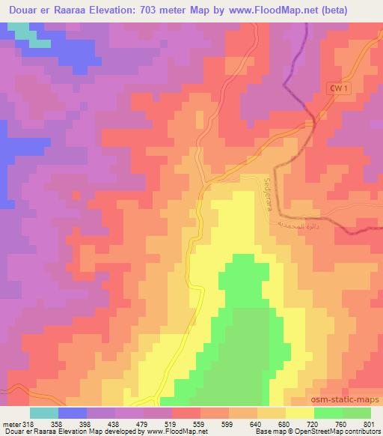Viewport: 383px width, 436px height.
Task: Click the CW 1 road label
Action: click(340, 89)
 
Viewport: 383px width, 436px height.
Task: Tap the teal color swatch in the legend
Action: click(44, 413)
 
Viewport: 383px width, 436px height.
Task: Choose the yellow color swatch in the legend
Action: click(300, 413)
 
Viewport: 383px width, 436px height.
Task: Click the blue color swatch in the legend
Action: click(73, 413)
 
